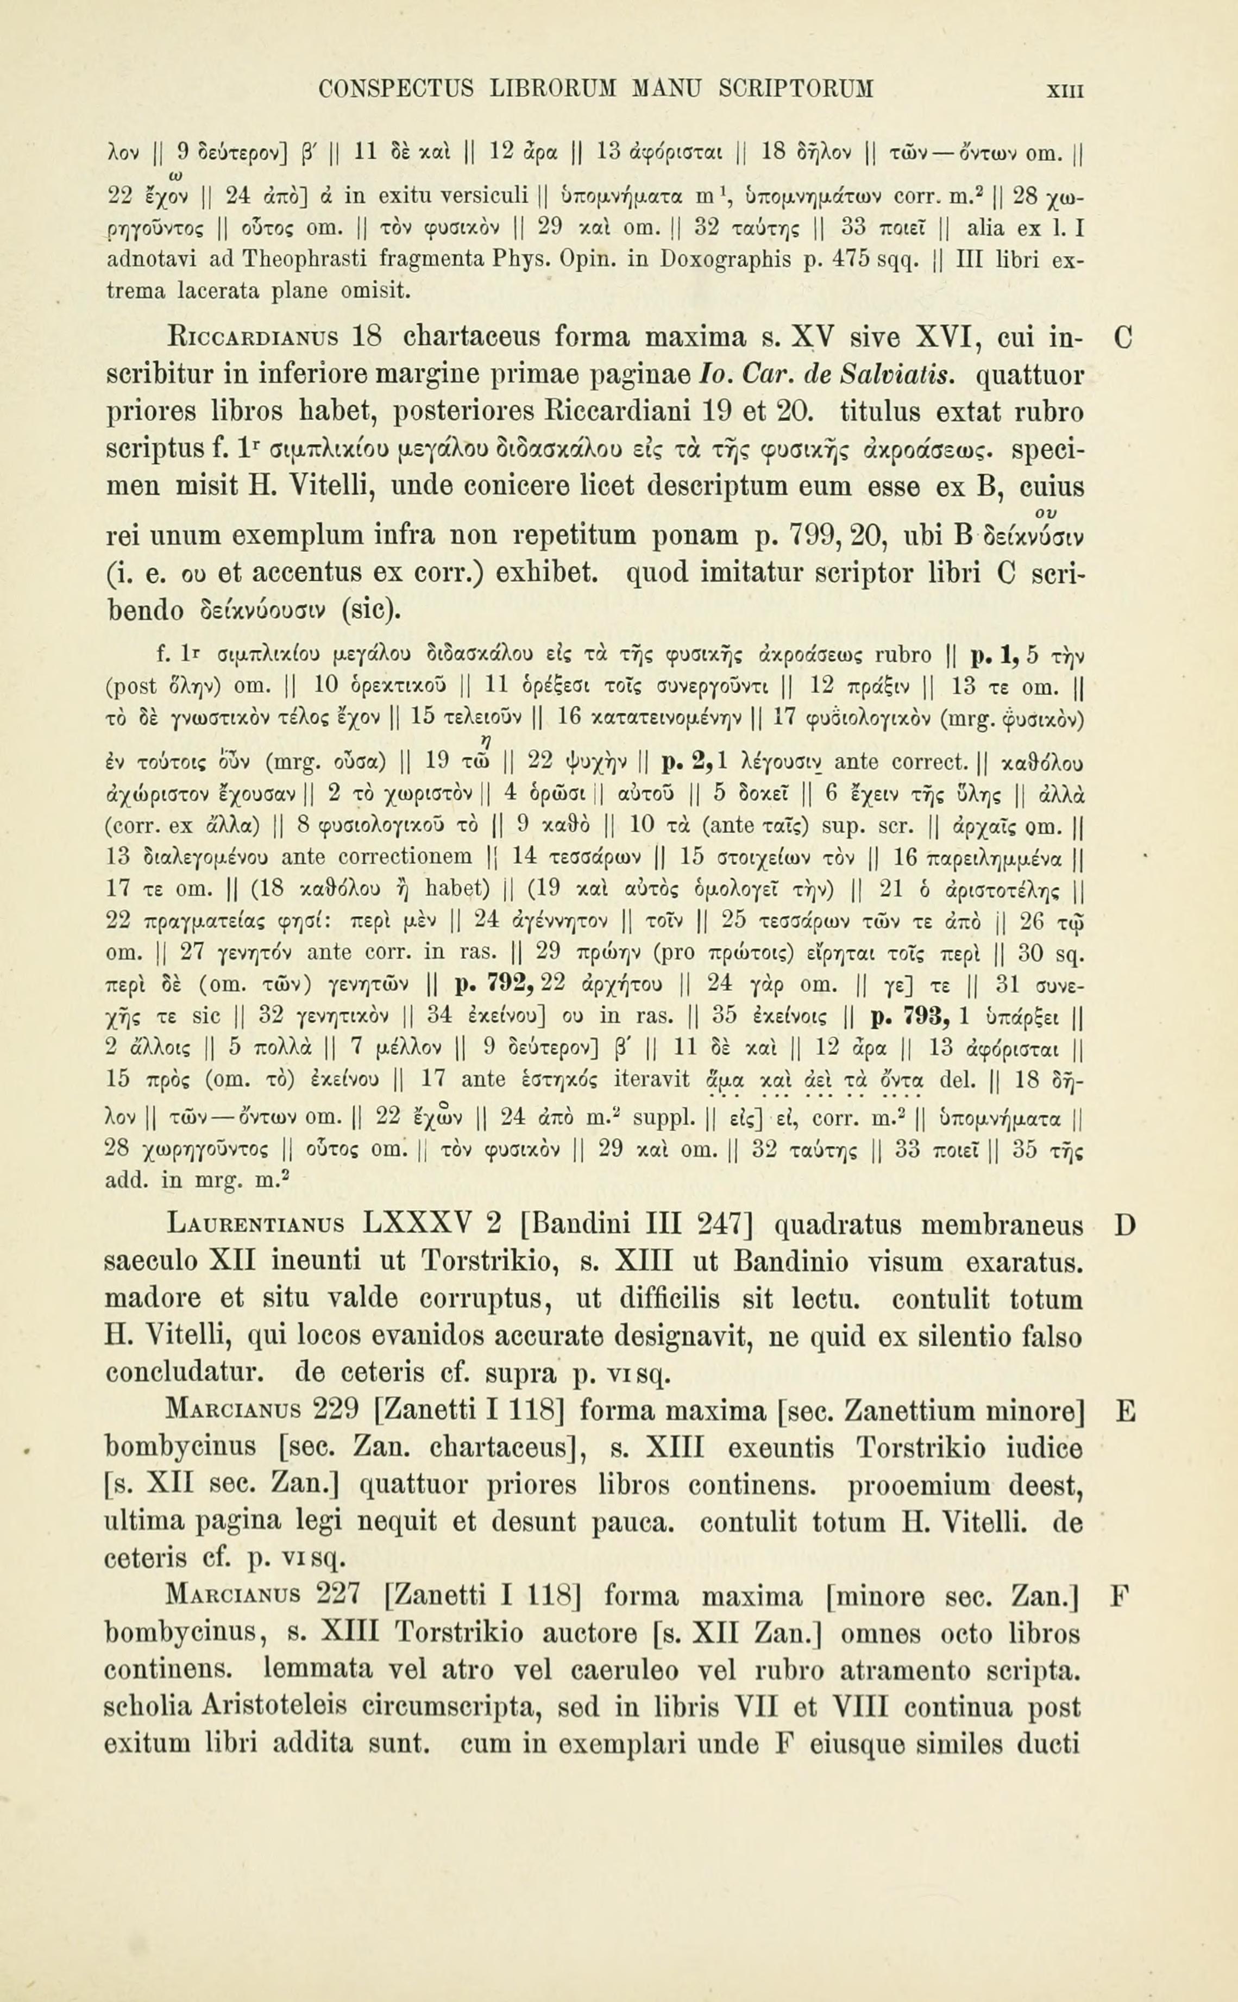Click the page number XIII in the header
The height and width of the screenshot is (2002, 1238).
pyautogui.click(x=1064, y=89)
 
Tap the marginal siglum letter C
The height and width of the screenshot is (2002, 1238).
pyautogui.click(x=1124, y=337)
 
